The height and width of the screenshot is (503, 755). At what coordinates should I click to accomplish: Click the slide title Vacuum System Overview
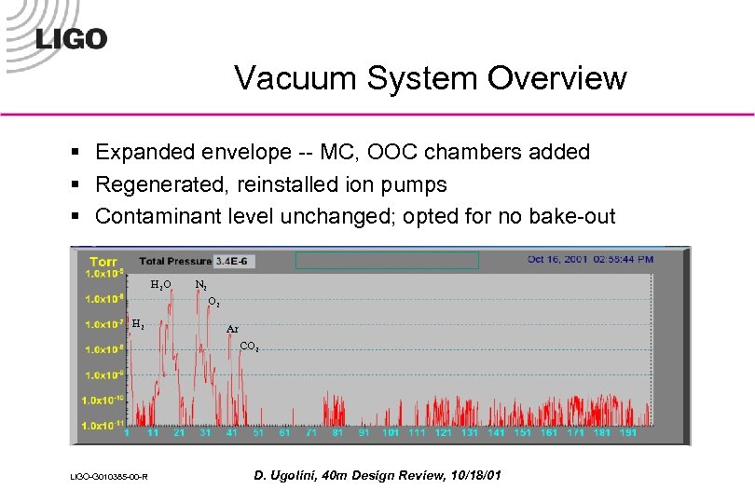pos(430,78)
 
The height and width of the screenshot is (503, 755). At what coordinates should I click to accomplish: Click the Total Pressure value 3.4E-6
pos(237,260)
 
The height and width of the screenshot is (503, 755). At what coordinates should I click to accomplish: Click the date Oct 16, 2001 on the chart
pos(558,259)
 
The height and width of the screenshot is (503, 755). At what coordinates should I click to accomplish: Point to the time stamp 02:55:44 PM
pos(623,259)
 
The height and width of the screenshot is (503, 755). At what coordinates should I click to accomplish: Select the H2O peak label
pos(161,284)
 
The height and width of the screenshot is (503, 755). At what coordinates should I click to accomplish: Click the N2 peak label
pos(200,284)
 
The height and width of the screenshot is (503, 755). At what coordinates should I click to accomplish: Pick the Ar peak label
pos(232,329)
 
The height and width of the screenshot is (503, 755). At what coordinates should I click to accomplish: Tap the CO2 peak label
pos(248,347)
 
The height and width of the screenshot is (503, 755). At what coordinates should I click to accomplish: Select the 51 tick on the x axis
pos(258,433)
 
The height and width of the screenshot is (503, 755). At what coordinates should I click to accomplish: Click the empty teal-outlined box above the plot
pos(387,260)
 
